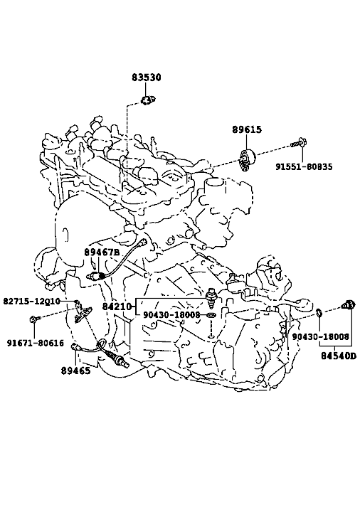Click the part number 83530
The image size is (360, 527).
point(147,78)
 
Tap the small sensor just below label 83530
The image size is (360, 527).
point(147,100)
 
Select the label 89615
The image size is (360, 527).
point(247,129)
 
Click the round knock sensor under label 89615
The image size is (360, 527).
point(247,159)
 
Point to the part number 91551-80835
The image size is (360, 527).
point(304,166)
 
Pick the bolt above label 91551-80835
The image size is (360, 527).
point(300,143)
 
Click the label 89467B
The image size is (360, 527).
point(102,252)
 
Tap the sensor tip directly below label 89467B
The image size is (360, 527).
point(95,276)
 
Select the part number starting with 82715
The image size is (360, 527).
point(31,301)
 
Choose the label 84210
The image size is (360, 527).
point(117,307)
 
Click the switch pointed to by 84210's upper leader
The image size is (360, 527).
point(211,298)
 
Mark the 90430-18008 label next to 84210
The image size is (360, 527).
point(171,315)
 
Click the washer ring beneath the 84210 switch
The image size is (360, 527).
point(211,316)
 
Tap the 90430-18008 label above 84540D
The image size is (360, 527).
point(320,336)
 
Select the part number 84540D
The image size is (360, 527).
point(338,356)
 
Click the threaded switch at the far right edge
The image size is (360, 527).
point(348,304)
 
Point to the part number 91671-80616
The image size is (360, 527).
point(36,343)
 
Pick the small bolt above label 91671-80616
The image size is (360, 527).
point(36,319)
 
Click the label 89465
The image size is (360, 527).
point(75,371)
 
